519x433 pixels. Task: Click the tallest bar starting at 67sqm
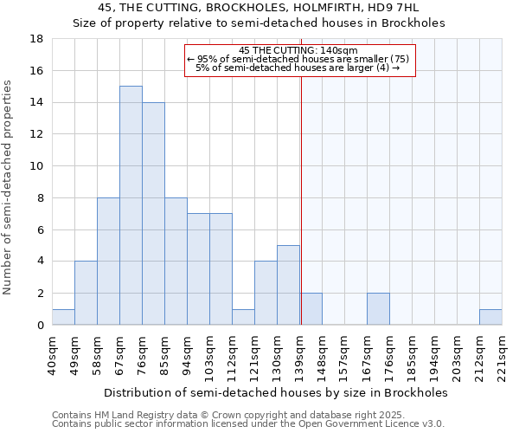tap(131, 205)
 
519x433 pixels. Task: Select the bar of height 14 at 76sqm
tap(153, 213)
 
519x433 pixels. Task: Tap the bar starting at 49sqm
tap(86, 293)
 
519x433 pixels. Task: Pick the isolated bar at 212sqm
tap(490, 317)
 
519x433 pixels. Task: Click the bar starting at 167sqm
tap(378, 309)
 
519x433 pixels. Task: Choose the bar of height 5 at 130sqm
tap(288, 285)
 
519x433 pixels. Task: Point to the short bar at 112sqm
tap(243, 317)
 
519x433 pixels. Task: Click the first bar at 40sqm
tap(63, 317)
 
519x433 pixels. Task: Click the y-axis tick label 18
tap(37, 39)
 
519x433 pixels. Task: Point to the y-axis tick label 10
tap(37, 166)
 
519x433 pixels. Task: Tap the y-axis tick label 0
tap(41, 326)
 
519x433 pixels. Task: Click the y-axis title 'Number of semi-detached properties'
tap(9, 187)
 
